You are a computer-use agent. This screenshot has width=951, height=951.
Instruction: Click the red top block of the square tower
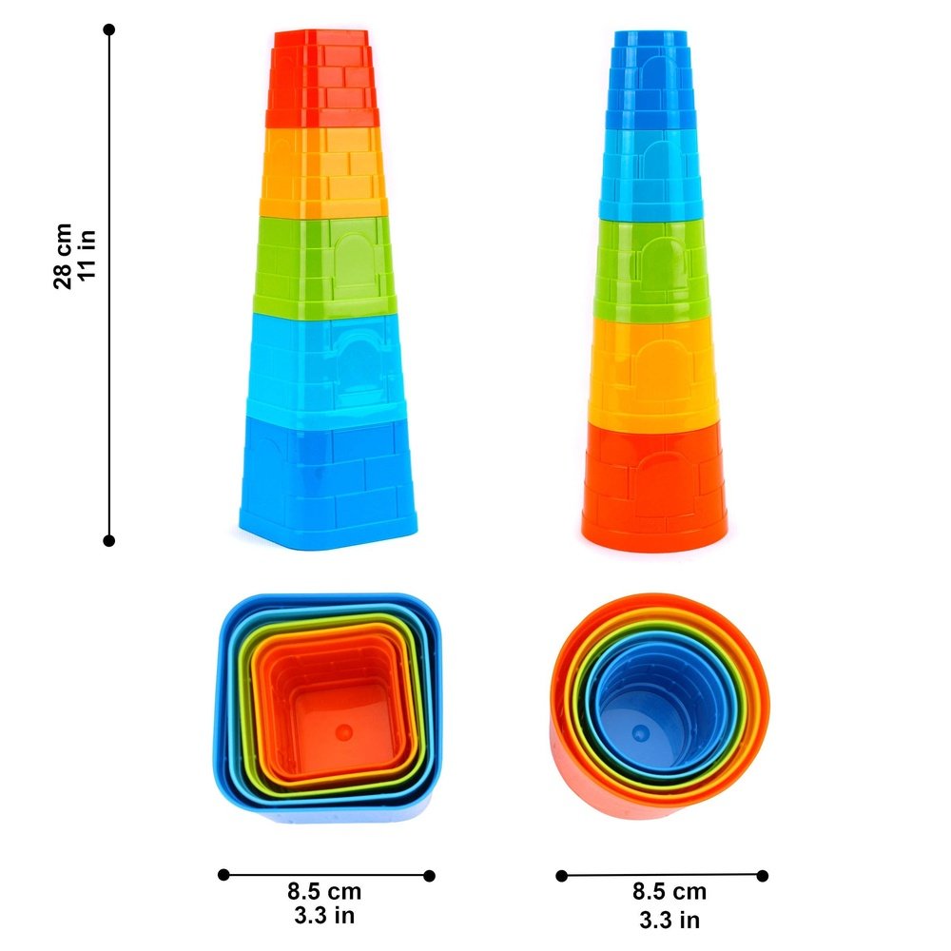tap(320, 76)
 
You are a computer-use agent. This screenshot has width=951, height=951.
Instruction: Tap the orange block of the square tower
tap(323, 171)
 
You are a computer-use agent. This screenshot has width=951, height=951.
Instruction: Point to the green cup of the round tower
tap(650, 271)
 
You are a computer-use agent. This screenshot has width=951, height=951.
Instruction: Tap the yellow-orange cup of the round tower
tap(652, 371)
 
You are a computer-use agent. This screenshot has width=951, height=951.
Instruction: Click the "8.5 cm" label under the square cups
tap(324, 892)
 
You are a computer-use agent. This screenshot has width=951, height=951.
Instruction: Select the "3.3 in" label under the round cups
tap(670, 919)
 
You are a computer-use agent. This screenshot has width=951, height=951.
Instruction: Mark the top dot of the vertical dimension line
tap(109, 29)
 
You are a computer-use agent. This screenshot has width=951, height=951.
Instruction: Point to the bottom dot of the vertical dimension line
tap(109, 540)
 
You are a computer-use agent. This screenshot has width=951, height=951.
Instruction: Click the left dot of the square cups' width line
tap(223, 874)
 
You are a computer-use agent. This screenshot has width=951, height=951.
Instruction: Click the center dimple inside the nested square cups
tap(345, 731)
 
